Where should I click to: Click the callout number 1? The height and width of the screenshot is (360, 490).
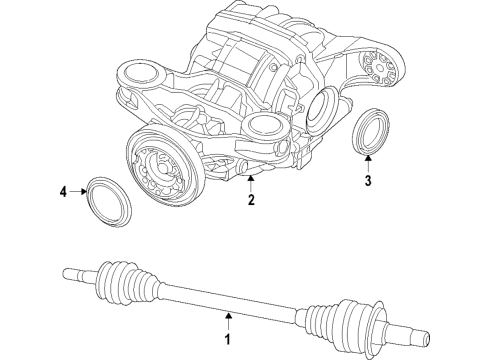tap(228, 344)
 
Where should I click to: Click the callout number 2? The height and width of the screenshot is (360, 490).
tap(251, 200)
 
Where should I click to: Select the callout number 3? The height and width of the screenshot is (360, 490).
tap(367, 181)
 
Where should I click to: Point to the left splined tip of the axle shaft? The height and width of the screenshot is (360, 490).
tap(70, 269)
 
